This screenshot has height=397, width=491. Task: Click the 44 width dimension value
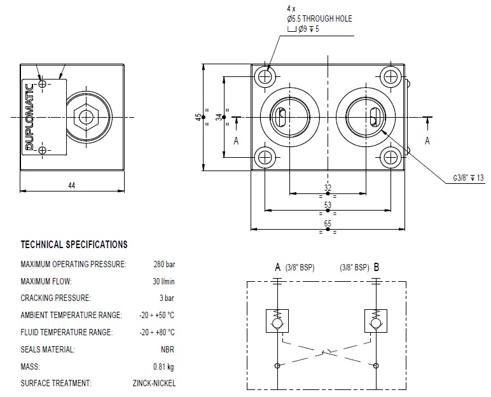(x=71, y=185)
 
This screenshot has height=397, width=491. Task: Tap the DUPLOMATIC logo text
(x=29, y=117)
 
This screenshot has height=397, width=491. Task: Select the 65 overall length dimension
(x=328, y=223)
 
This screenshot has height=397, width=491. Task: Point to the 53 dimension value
(x=328, y=205)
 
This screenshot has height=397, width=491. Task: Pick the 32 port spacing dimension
(x=328, y=188)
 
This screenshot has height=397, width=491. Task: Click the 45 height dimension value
(x=198, y=117)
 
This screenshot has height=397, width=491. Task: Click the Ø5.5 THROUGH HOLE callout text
(x=319, y=19)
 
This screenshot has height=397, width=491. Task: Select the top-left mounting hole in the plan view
(x=264, y=77)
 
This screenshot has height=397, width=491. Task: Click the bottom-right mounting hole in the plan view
(x=391, y=157)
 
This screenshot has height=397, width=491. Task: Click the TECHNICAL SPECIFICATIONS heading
(x=74, y=244)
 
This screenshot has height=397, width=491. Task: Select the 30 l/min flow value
(x=163, y=281)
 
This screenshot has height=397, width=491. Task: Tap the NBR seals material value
(x=168, y=349)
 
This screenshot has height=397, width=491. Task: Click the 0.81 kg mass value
(x=163, y=366)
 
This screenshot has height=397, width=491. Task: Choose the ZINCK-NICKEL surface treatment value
(x=155, y=383)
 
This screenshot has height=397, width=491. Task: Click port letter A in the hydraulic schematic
(x=277, y=267)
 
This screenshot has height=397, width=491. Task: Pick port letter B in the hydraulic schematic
(x=377, y=267)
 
